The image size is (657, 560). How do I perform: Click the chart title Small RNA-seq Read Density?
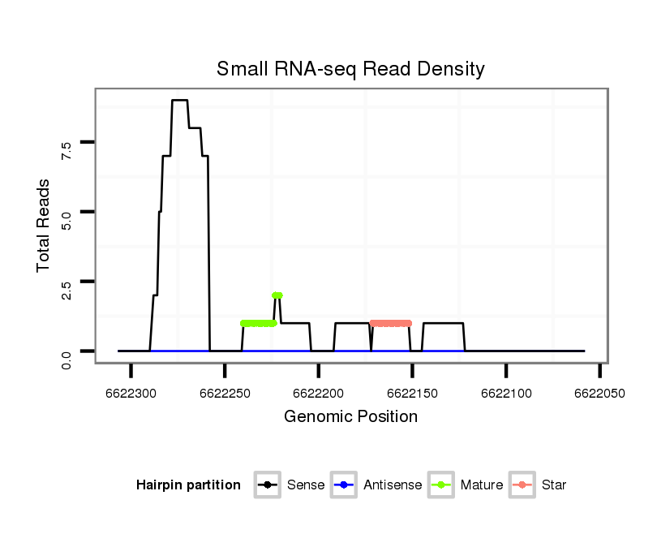click(x=350, y=69)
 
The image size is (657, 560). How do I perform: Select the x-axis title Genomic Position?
click(x=350, y=417)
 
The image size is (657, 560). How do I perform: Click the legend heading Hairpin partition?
click(x=188, y=485)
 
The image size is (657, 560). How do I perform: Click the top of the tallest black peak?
click(x=180, y=101)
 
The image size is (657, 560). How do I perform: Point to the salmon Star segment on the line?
click(x=391, y=323)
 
